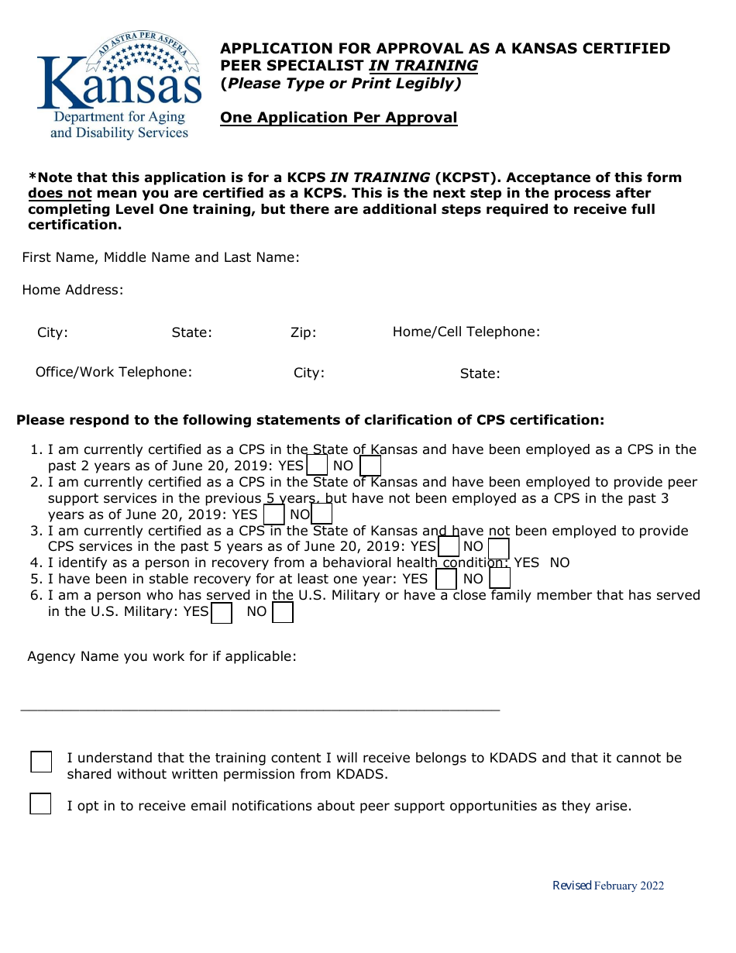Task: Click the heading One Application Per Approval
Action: click(339, 118)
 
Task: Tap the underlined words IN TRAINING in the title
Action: click(423, 66)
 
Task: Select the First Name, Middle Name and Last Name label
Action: click(160, 257)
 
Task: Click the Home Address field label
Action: click(72, 290)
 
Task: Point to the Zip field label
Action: click(303, 332)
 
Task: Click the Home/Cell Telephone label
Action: click(466, 332)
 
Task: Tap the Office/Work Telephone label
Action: click(114, 372)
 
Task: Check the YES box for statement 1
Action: click(317, 466)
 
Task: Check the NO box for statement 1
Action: click(370, 466)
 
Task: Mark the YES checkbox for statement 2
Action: click(273, 514)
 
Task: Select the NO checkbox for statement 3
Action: click(498, 547)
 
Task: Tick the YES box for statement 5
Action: click(446, 579)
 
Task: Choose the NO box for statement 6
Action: click(283, 612)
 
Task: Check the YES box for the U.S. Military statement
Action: click(222, 612)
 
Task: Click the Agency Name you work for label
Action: click(162, 656)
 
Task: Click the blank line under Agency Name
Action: click(260, 708)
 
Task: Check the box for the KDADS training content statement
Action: click(41, 762)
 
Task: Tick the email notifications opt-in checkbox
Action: click(40, 803)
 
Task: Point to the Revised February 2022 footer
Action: click(607, 886)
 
